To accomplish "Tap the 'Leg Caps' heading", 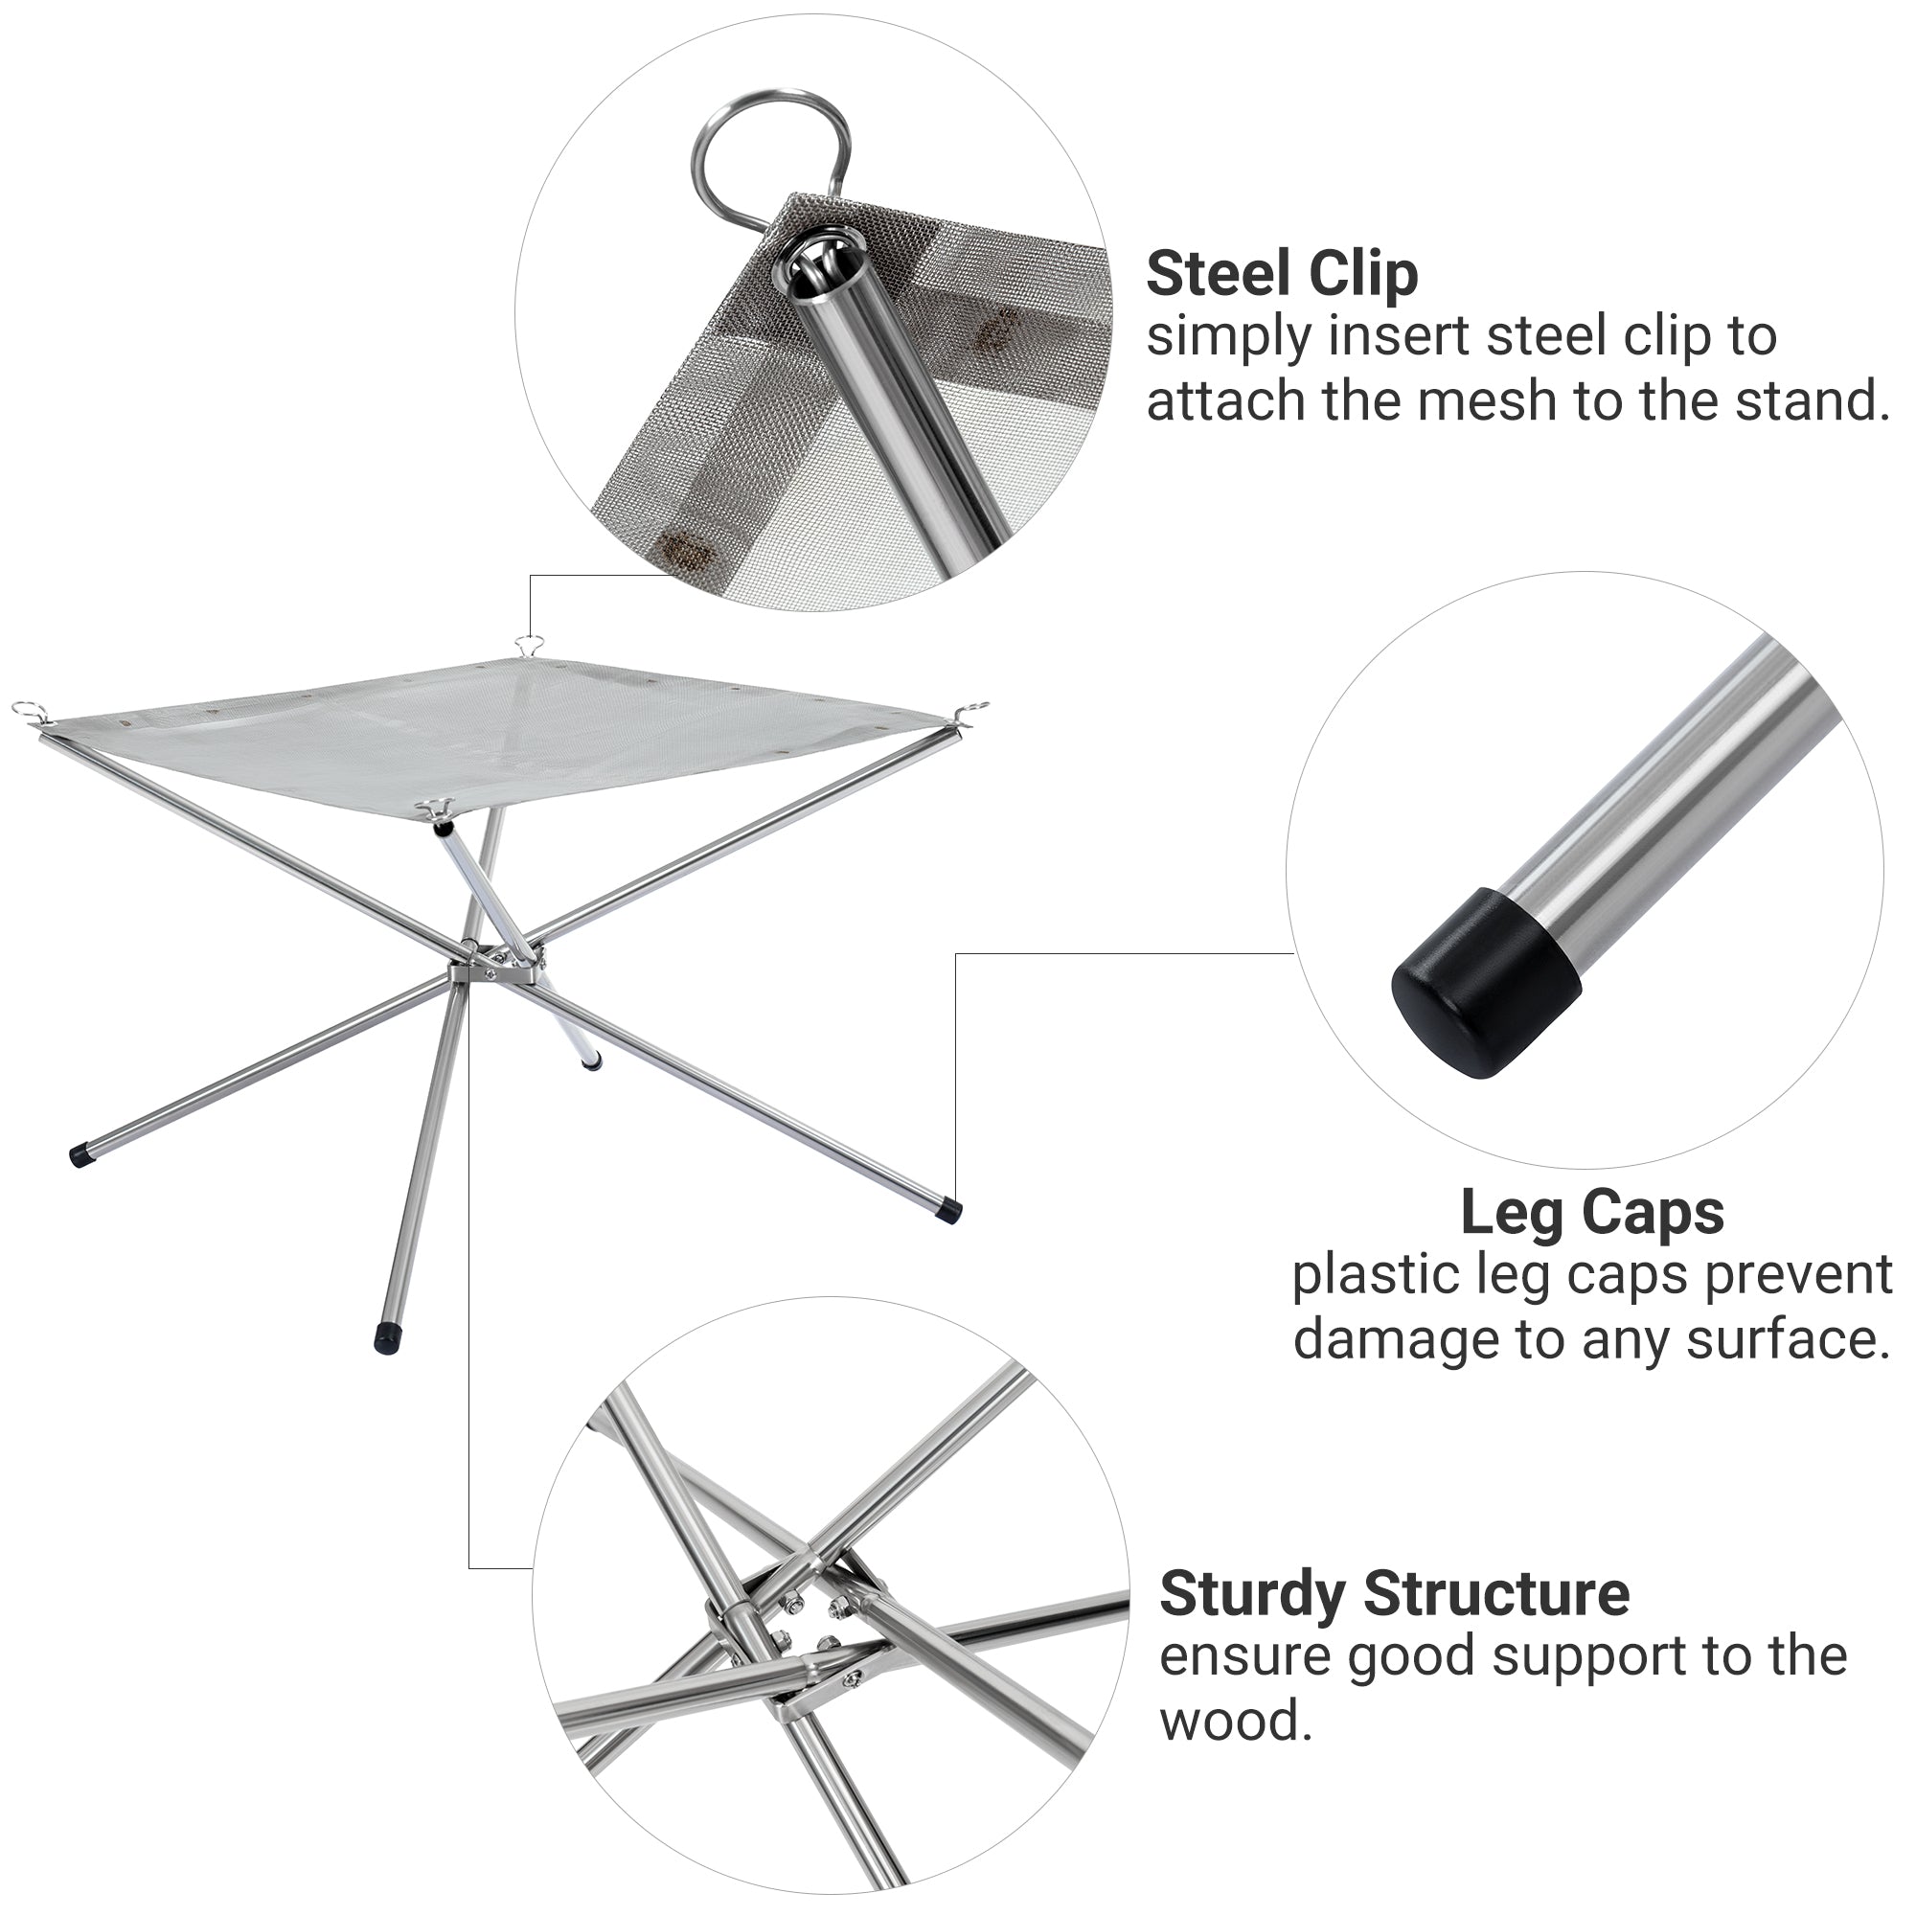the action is tap(1591, 1212).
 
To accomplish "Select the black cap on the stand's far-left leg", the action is tap(82, 1154).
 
